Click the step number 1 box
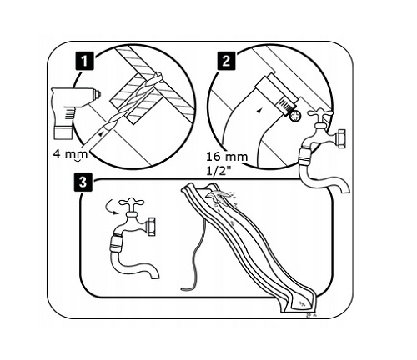click(x=84, y=62)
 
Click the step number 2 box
click(x=226, y=60)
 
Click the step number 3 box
click(x=83, y=182)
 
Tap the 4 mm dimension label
click(x=70, y=154)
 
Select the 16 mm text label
click(x=227, y=157)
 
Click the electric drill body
click(x=73, y=112)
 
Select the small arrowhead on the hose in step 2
click(x=259, y=111)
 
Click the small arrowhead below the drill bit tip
click(x=101, y=133)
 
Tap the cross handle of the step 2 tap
click(x=320, y=114)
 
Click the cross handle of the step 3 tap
click(x=131, y=203)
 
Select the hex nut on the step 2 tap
click(x=340, y=138)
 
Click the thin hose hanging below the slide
click(x=198, y=252)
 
